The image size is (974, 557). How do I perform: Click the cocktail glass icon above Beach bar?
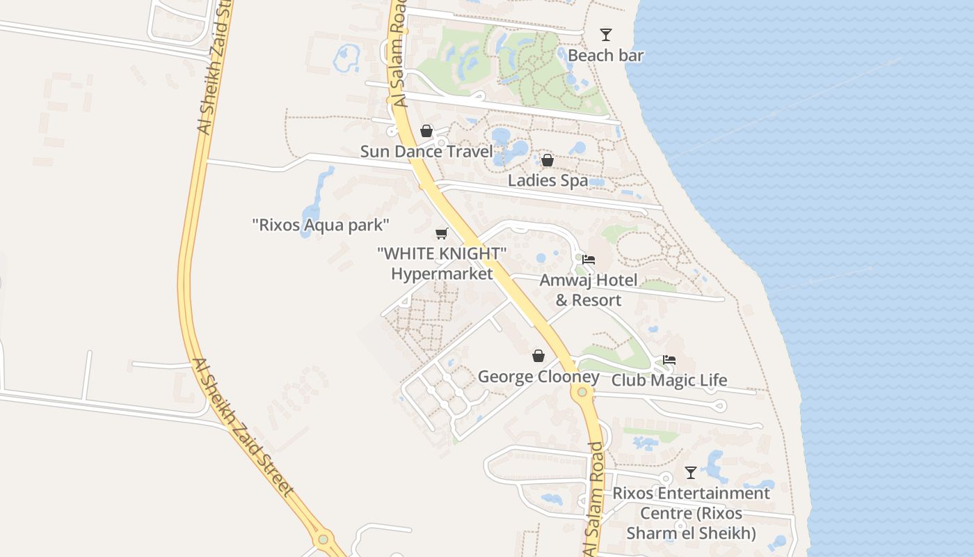tap(606, 35)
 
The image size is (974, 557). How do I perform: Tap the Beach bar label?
tap(606, 56)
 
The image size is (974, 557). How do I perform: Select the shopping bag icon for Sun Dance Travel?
tap(426, 131)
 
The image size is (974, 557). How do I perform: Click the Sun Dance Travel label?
tap(426, 152)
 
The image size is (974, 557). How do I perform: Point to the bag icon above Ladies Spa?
tap(548, 161)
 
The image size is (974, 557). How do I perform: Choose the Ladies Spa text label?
tap(548, 181)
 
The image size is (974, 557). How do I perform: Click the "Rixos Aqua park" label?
tap(321, 225)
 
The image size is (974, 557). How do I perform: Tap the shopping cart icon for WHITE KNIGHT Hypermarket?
tap(441, 233)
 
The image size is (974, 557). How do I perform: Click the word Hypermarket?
tap(442, 274)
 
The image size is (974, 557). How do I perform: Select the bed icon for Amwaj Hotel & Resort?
tap(589, 260)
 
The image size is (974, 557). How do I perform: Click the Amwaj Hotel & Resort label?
tap(589, 290)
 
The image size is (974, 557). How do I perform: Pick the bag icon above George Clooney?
tap(538, 356)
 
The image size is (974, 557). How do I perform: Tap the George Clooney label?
tap(538, 377)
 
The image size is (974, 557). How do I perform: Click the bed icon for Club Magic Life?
tap(669, 360)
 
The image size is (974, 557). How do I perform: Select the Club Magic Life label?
tap(669, 380)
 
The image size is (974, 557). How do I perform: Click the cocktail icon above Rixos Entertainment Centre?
tap(691, 473)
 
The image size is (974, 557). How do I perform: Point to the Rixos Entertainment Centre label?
tap(691, 513)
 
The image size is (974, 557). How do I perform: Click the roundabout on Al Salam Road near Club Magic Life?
tap(582, 392)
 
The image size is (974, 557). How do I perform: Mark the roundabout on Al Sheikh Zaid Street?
tap(322, 539)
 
